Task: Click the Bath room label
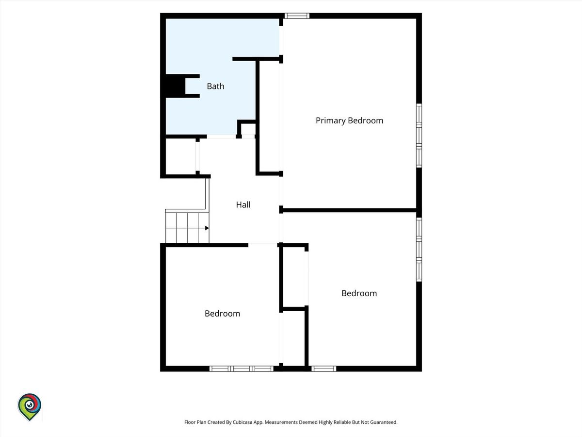215,86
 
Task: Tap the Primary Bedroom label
349,121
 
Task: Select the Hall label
243,204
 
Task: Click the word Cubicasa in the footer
242,422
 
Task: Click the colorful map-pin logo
30,407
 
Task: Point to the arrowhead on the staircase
207,228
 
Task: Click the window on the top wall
297,16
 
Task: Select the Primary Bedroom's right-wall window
419,135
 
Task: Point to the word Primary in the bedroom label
330,121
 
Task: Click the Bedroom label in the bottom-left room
222,314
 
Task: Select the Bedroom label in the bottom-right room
359,293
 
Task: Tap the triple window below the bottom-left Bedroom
241,369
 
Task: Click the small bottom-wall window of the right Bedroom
324,369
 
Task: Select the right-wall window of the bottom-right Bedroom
419,250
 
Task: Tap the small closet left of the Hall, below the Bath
181,156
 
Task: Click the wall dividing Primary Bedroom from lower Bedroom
349,210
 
